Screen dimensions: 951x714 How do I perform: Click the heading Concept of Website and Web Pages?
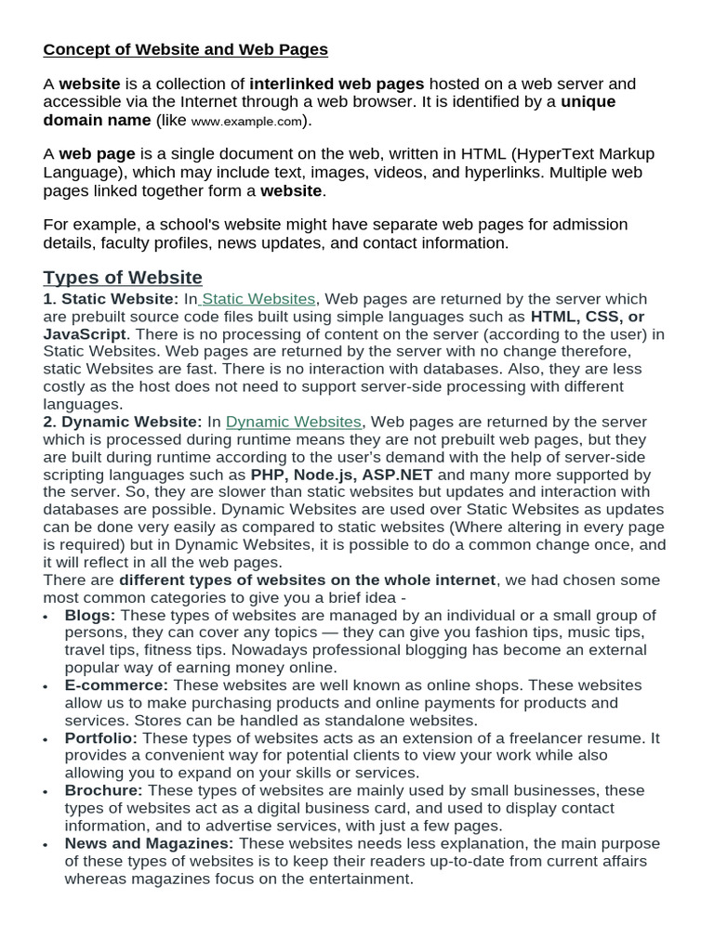(185, 49)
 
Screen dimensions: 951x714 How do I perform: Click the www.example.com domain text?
(247, 122)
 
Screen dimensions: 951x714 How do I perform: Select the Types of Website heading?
(123, 278)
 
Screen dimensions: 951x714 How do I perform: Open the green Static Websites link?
(258, 299)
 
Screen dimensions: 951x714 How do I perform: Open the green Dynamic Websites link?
(293, 422)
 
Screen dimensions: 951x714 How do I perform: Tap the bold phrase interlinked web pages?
(337, 85)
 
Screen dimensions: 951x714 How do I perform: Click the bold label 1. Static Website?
(111, 299)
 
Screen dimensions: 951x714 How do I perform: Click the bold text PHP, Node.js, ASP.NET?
(341, 475)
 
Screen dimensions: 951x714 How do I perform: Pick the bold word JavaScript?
(85, 334)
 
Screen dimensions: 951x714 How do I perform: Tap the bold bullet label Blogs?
(90, 616)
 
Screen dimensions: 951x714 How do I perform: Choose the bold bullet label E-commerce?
(116, 686)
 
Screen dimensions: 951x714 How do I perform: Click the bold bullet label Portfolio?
(100, 738)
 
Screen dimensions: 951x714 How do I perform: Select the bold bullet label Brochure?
(103, 791)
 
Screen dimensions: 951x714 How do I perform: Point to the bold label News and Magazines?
(149, 844)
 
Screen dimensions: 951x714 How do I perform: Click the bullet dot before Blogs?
(48, 617)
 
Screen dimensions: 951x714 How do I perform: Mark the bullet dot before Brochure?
(48, 792)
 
